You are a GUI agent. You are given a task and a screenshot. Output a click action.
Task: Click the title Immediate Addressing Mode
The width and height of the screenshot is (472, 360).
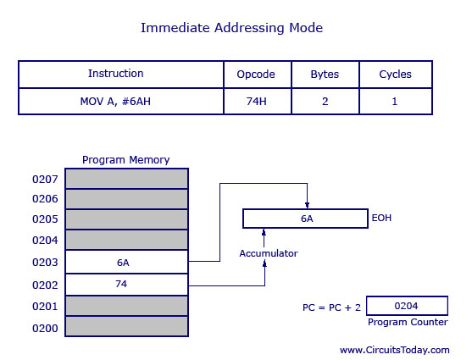coord(232,28)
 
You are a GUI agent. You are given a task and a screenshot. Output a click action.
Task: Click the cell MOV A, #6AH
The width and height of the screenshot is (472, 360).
coord(121,102)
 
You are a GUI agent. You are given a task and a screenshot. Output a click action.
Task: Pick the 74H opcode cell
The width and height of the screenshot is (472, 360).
coord(258,102)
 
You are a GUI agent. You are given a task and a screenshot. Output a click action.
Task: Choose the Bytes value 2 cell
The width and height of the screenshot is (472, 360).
coord(325,102)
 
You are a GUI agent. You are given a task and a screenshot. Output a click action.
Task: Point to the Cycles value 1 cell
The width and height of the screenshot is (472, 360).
coord(396,102)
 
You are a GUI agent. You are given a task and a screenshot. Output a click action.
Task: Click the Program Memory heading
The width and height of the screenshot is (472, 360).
coord(125,160)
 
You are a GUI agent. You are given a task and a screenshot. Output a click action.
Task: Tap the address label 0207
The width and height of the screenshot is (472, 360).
coord(45,180)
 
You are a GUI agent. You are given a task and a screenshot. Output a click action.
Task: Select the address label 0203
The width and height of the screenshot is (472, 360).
coord(45,263)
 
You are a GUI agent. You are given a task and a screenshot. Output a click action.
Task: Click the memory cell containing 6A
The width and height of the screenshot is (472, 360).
coord(127,262)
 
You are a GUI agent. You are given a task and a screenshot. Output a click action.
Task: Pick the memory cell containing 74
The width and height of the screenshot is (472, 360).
coord(127,285)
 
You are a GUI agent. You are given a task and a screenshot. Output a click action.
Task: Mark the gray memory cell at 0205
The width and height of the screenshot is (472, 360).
coord(127,219)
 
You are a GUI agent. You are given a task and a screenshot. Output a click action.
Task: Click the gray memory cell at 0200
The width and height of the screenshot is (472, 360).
coord(127,326)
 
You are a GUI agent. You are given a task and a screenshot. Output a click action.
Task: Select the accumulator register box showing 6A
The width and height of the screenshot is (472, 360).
coord(305,219)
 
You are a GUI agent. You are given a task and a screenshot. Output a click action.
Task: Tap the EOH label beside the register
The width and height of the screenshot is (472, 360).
coord(381,218)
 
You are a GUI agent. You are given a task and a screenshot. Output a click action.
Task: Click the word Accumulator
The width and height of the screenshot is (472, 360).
coord(269,253)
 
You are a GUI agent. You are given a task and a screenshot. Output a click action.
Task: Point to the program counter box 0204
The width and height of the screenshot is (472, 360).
coord(407,306)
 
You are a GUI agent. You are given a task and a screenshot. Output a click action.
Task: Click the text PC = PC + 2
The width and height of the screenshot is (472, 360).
coord(331,307)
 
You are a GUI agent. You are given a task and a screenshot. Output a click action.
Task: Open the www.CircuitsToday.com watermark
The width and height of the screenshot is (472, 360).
coord(395,350)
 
